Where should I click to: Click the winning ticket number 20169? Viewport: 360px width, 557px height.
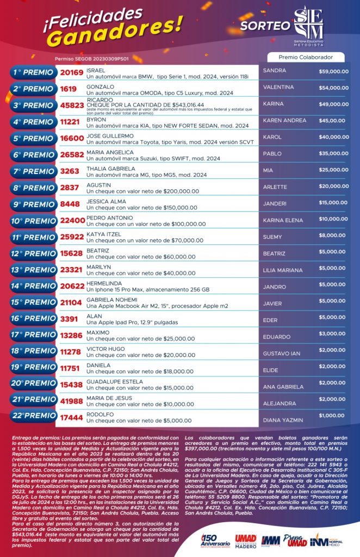tap(72, 72)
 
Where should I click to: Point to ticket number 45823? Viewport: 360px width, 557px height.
tap(72, 106)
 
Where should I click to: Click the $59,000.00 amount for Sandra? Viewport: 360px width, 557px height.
tap(333, 71)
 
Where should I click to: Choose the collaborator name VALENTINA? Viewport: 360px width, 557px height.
tap(278, 87)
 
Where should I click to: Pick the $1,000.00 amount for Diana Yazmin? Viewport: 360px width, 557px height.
tap(333, 416)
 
